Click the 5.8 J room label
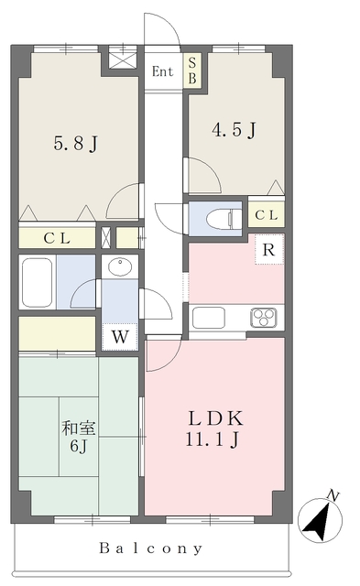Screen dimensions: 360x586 (75, 143)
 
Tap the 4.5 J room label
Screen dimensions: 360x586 (234, 130)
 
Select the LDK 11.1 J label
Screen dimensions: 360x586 (214, 429)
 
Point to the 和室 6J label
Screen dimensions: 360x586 (79, 436)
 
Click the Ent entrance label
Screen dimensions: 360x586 (163, 71)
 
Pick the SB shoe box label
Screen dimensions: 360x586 (192, 71)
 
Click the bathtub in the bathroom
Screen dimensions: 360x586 (37, 282)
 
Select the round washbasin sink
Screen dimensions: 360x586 (120, 266)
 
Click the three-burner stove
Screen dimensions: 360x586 (264, 318)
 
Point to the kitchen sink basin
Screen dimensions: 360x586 (209, 318)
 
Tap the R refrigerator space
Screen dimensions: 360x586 (268, 250)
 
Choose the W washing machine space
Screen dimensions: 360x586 (120, 337)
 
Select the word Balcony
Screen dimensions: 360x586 (151, 548)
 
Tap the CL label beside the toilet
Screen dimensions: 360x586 (267, 215)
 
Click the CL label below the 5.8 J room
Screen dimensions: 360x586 (57, 238)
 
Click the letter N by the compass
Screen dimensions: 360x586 (333, 496)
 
